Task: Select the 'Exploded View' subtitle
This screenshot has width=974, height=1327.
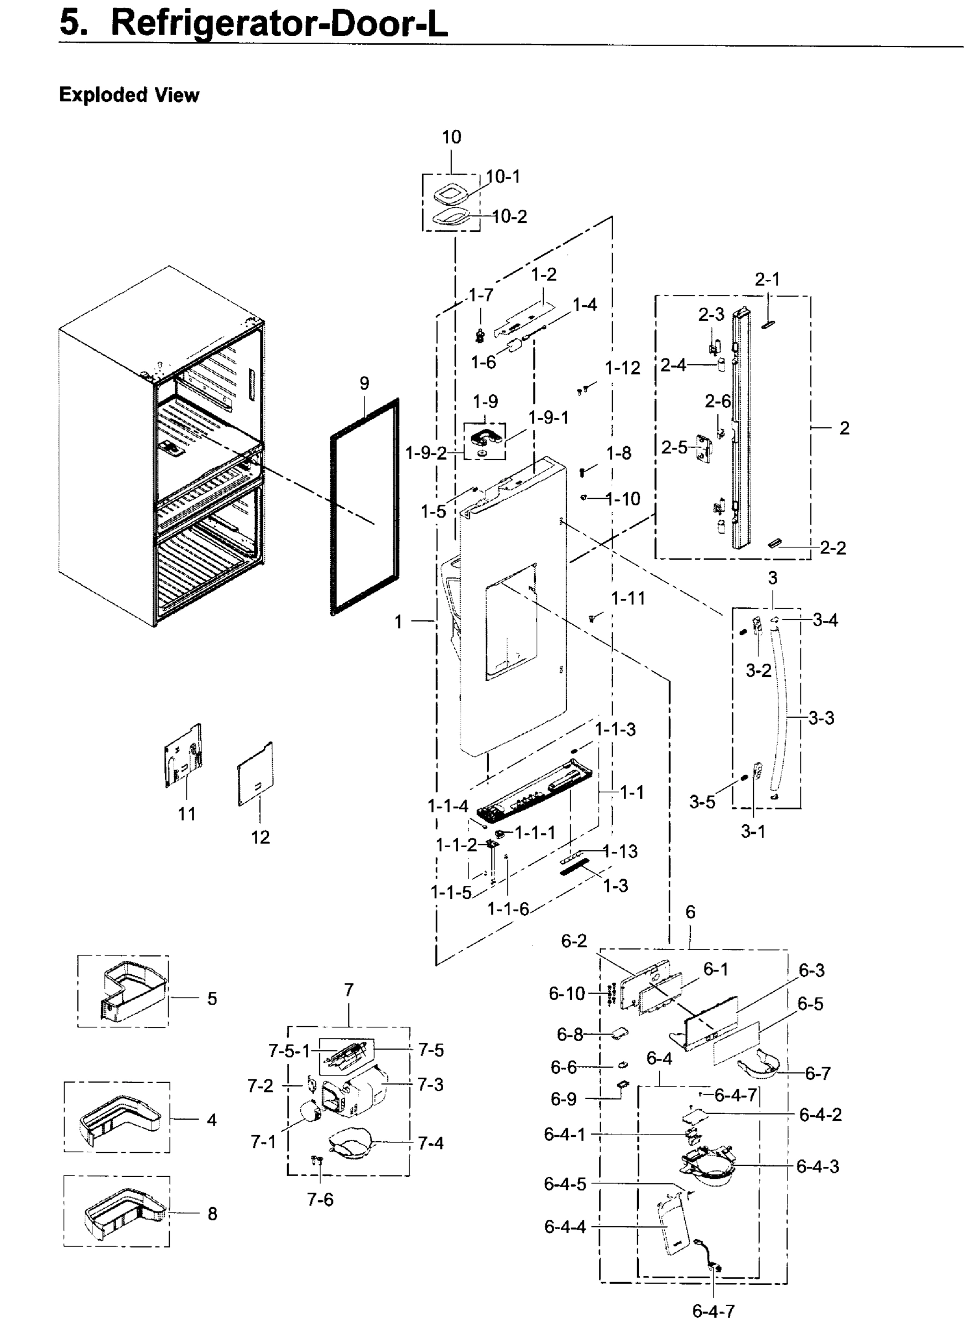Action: click(129, 95)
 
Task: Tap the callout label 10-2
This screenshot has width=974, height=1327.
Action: click(509, 217)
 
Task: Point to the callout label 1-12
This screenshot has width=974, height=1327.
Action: click(622, 368)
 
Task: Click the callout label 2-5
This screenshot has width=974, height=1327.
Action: click(674, 448)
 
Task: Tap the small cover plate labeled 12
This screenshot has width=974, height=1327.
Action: click(256, 774)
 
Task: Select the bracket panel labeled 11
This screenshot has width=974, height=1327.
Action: click(183, 756)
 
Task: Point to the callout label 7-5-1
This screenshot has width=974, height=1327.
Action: click(289, 1051)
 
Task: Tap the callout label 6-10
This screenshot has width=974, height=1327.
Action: click(566, 994)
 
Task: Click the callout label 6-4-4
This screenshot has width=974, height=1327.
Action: click(565, 1227)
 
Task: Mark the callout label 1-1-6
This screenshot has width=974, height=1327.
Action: click(508, 909)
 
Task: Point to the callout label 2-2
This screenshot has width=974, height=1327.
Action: click(832, 548)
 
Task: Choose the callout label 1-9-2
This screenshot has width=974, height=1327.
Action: click(426, 453)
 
